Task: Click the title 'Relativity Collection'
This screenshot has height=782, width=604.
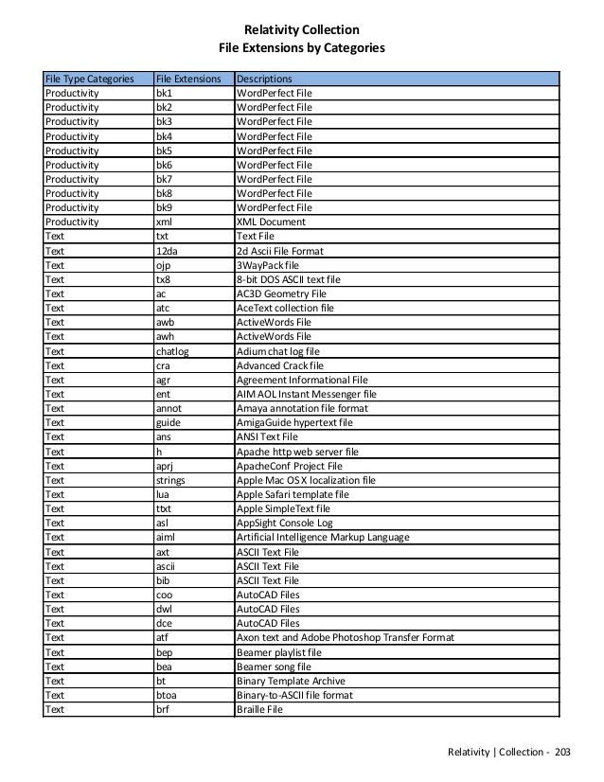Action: pos(301,29)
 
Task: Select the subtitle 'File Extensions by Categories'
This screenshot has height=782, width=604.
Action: pos(301,45)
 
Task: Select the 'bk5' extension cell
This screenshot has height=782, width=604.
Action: pos(164,150)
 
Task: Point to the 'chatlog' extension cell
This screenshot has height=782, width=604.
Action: pos(172,351)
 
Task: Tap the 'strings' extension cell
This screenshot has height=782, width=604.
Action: pos(171,480)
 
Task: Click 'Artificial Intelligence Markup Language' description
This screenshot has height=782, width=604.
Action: pos(322,538)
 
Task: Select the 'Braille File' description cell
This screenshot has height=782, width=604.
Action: pos(259,708)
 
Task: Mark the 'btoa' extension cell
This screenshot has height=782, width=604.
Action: pos(167,694)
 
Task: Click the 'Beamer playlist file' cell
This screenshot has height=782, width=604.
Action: pos(278,651)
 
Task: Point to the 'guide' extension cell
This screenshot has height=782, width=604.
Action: pos(169,423)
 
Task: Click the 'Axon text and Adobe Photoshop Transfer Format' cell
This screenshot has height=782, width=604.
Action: pos(345,637)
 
